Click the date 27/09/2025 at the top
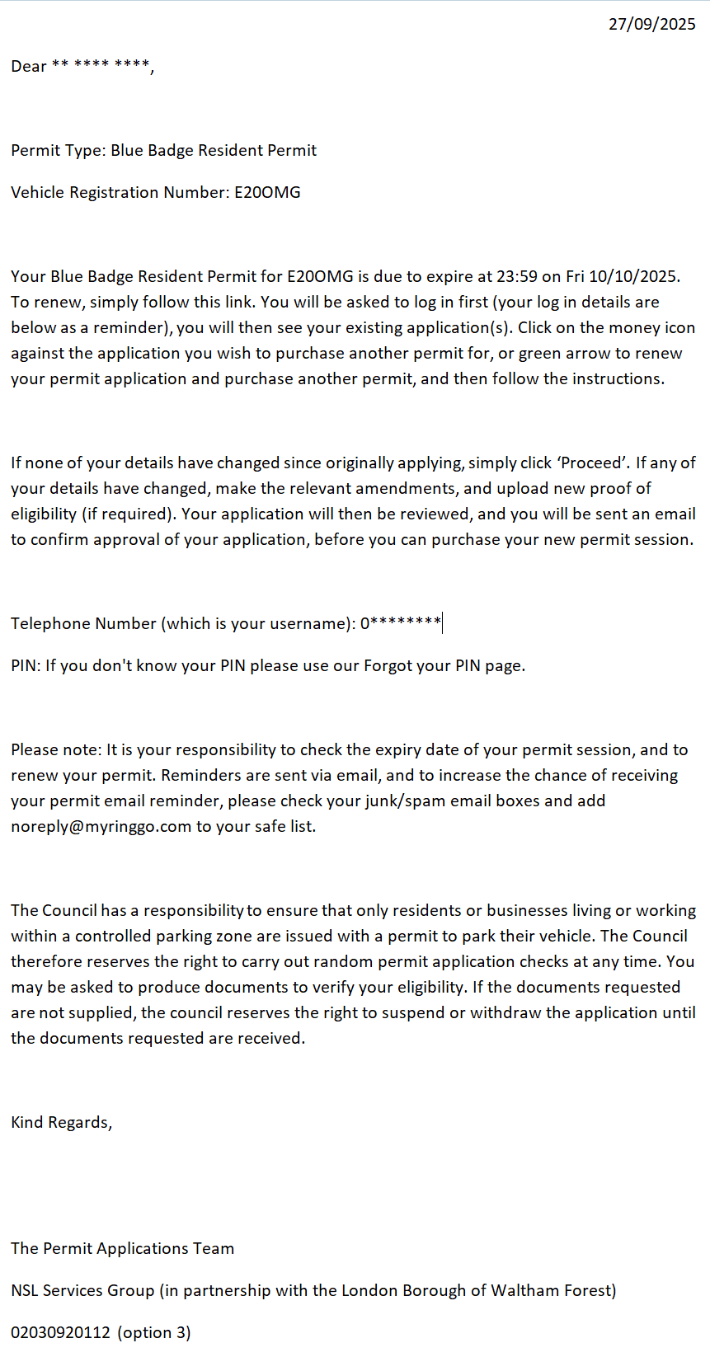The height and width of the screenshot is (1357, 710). pyautogui.click(x=651, y=24)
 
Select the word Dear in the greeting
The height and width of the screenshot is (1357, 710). pyautogui.click(x=28, y=67)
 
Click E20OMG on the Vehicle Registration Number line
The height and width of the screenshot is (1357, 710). pyautogui.click(x=267, y=193)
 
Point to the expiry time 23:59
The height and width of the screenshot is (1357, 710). pyautogui.click(x=517, y=277)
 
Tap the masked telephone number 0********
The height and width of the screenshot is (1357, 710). pyautogui.click(x=400, y=623)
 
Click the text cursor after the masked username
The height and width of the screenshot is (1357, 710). pyautogui.click(x=443, y=623)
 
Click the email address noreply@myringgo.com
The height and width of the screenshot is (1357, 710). pyautogui.click(x=101, y=827)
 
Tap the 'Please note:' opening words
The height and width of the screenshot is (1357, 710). pyautogui.click(x=56, y=750)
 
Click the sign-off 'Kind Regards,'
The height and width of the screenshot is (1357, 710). pyautogui.click(x=62, y=1123)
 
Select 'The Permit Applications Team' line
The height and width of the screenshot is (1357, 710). pyautogui.click(x=122, y=1249)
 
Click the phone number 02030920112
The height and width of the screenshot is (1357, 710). pyautogui.click(x=60, y=1333)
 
